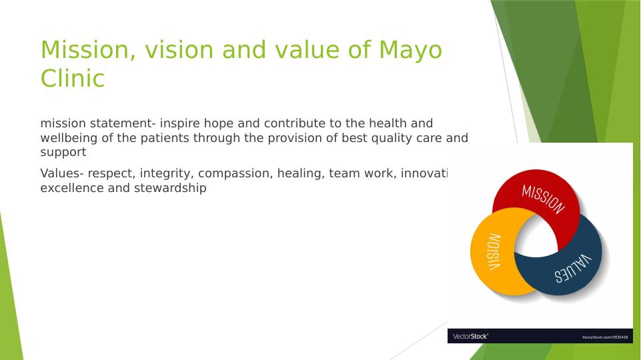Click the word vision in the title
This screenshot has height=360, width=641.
(173, 50)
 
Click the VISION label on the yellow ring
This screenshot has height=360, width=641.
(494, 251)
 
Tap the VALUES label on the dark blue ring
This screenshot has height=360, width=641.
(572, 269)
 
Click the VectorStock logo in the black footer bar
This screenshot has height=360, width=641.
(471, 337)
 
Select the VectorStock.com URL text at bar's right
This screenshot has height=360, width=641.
(605, 337)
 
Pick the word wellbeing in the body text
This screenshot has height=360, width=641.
(69, 138)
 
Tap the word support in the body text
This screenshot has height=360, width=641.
(63, 152)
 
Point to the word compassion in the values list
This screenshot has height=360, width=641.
(229, 173)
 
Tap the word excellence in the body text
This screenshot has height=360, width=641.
(70, 188)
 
